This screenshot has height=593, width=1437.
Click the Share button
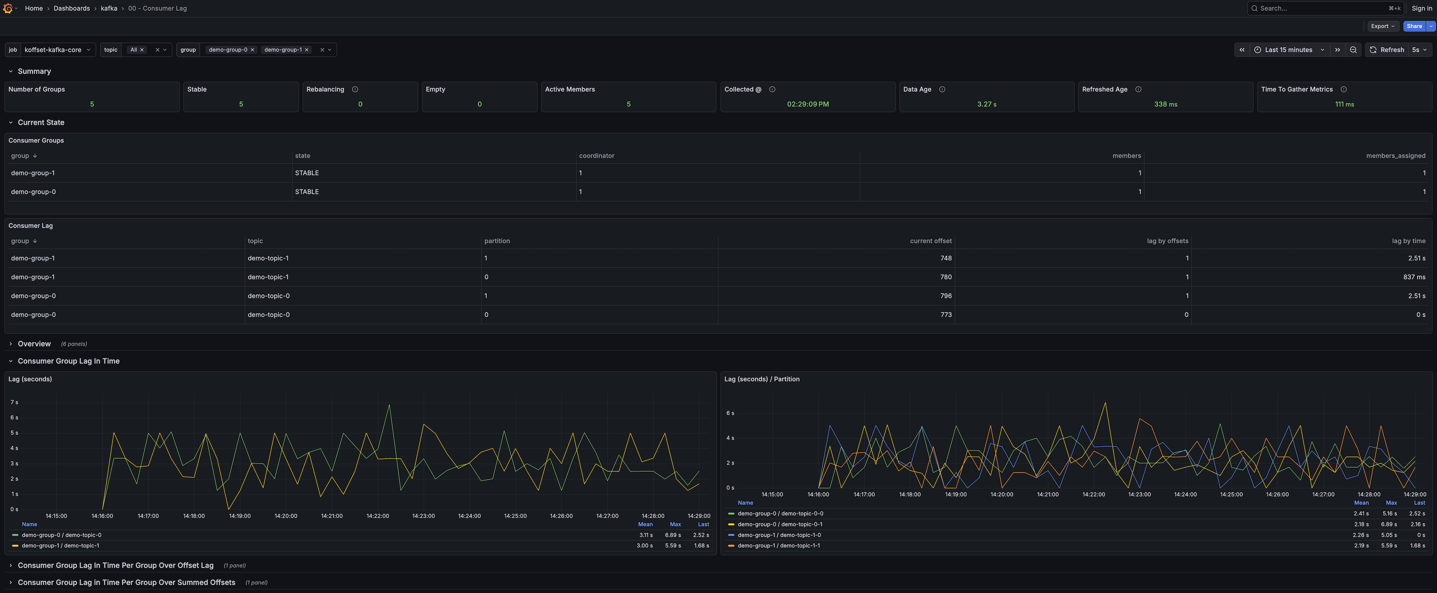pos(1413,26)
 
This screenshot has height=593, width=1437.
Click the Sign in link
pos(1421,8)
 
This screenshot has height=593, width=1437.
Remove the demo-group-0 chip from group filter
pos(253,50)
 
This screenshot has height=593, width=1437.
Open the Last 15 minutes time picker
pos(1289,50)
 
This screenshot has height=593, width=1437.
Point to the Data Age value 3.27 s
pos(986,104)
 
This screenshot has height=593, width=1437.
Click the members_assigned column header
pos(1395,156)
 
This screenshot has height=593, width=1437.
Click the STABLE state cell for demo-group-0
pos(307,191)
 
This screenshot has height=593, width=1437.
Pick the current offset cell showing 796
pos(946,296)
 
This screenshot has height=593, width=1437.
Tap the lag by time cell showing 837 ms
pos(1413,277)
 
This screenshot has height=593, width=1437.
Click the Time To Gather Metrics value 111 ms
pos(1344,104)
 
